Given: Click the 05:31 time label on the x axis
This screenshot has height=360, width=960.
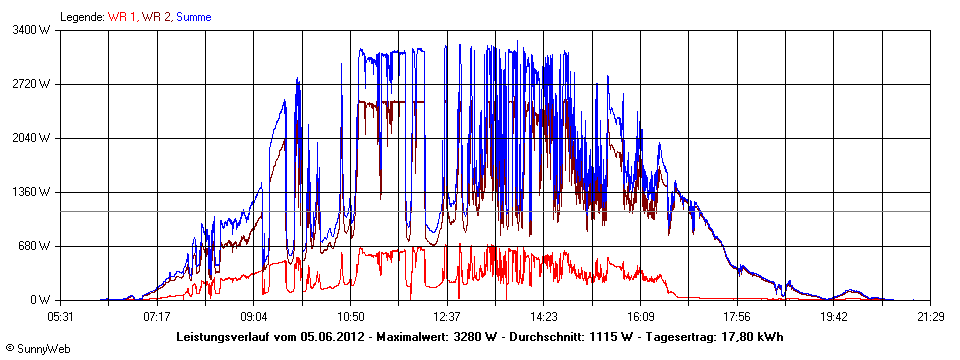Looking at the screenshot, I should pyautogui.click(x=61, y=316).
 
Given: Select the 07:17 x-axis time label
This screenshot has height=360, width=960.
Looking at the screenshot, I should pyautogui.click(x=157, y=316).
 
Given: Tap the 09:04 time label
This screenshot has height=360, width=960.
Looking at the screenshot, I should pyautogui.click(x=254, y=316).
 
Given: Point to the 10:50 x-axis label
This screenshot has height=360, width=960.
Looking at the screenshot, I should pyautogui.click(x=350, y=316).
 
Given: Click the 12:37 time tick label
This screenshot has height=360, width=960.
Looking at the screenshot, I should pyautogui.click(x=447, y=316).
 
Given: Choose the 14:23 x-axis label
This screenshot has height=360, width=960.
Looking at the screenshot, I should pyautogui.click(x=543, y=316).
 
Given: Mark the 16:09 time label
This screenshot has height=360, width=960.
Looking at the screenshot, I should pyautogui.click(x=640, y=316).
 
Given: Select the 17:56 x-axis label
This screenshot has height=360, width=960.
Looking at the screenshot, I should pyautogui.click(x=737, y=316).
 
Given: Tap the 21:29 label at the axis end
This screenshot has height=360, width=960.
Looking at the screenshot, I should pyautogui.click(x=930, y=316).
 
